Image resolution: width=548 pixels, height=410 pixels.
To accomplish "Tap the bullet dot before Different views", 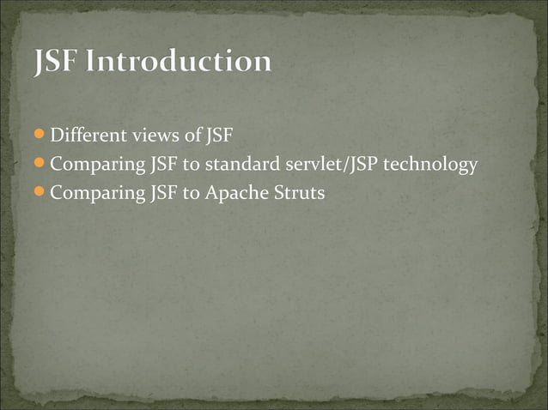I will coord(40,136).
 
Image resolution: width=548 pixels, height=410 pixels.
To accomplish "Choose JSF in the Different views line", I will coord(218,136).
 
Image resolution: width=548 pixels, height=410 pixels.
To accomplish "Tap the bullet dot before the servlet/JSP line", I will coord(40,164).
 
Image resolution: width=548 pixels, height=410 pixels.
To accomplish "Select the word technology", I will coord(430,166).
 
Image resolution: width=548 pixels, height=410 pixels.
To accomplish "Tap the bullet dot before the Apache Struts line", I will coord(40,192).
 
